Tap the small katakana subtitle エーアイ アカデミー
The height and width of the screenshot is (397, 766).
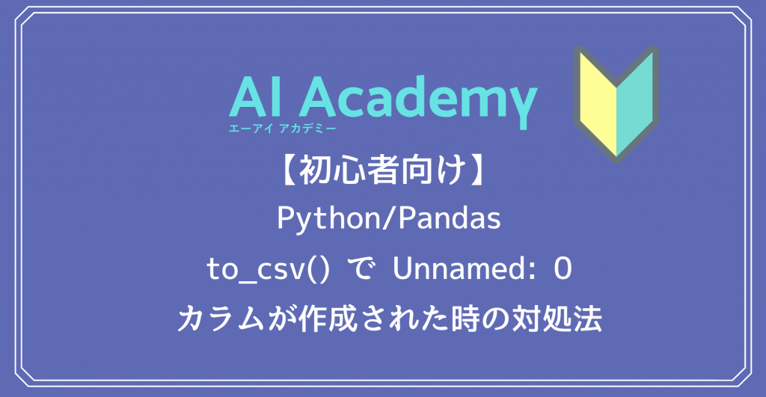(x=282, y=129)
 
